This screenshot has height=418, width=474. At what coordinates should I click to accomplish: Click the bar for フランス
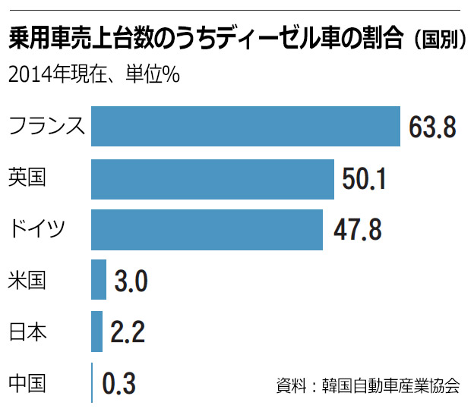(245, 126)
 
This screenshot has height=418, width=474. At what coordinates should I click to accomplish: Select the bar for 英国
(213, 178)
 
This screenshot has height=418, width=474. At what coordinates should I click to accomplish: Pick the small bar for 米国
(99, 281)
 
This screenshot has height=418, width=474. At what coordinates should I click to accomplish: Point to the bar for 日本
(96, 332)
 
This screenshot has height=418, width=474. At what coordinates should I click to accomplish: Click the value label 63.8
(431, 127)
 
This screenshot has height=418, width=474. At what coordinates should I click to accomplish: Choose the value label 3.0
(130, 281)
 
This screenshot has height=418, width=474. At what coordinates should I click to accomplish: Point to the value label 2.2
(127, 332)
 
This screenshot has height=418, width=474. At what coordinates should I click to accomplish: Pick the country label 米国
(27, 281)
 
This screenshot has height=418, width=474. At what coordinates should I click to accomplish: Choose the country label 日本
(27, 332)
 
